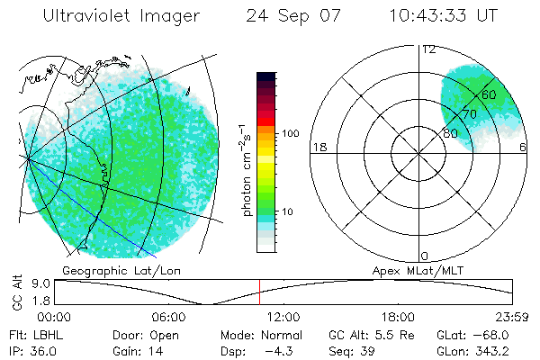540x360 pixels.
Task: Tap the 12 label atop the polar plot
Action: [x=428, y=49]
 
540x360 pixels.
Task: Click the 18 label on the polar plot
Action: [x=318, y=148]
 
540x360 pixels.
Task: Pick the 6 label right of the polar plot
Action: [x=523, y=148]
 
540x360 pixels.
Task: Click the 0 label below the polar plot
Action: [x=425, y=256]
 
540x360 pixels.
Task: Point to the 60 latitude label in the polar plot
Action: [x=490, y=94]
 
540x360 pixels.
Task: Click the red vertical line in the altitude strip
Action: [x=259, y=292]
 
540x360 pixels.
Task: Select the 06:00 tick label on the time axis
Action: [x=168, y=317]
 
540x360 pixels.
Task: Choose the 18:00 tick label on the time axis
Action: [x=398, y=317]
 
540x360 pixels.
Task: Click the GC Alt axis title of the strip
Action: [x=17, y=292]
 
